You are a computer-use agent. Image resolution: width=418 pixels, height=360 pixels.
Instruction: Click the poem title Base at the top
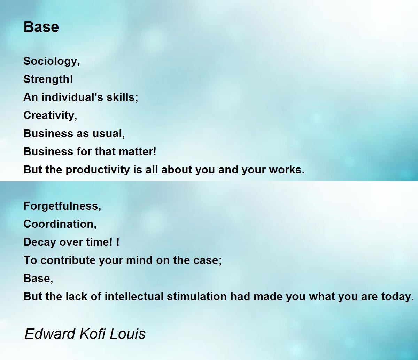tap(41, 27)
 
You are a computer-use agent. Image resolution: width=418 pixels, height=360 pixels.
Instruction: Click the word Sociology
tap(51, 61)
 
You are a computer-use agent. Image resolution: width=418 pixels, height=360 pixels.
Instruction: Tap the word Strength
tap(47, 79)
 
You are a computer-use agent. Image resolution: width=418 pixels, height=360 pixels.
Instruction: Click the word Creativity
tap(49, 116)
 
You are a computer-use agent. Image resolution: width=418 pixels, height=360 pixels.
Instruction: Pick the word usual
tap(107, 134)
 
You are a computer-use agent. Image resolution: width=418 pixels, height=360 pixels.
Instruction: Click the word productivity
tap(98, 170)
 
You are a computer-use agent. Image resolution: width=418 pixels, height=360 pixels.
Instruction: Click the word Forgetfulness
tap(61, 206)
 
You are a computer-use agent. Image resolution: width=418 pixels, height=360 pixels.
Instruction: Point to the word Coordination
tap(59, 224)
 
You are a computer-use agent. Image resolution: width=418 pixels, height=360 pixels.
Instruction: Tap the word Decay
tap(40, 242)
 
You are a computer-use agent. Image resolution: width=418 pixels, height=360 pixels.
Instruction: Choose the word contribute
tap(68, 260)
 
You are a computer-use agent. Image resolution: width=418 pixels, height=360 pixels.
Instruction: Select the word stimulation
tap(197, 297)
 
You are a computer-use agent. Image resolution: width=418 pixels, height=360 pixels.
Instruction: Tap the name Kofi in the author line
tap(92, 334)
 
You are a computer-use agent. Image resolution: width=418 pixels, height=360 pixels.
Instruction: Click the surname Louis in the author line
tap(127, 334)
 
